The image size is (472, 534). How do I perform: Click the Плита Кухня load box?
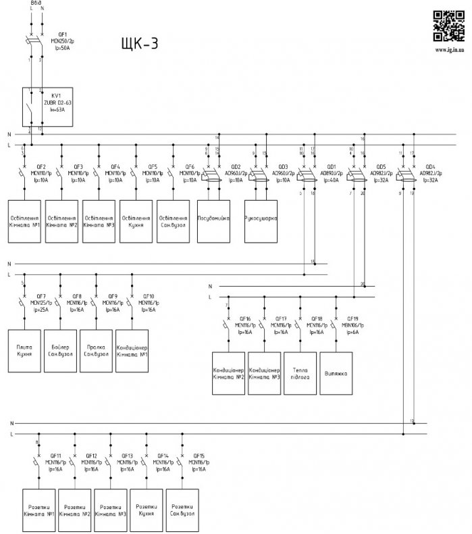coord(24,350)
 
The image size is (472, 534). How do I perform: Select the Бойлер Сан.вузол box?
coord(61,350)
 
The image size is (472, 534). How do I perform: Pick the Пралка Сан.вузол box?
coord(97,350)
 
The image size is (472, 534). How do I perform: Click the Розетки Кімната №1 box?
coord(39,509)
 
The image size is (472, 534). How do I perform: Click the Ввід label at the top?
coord(36,3)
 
